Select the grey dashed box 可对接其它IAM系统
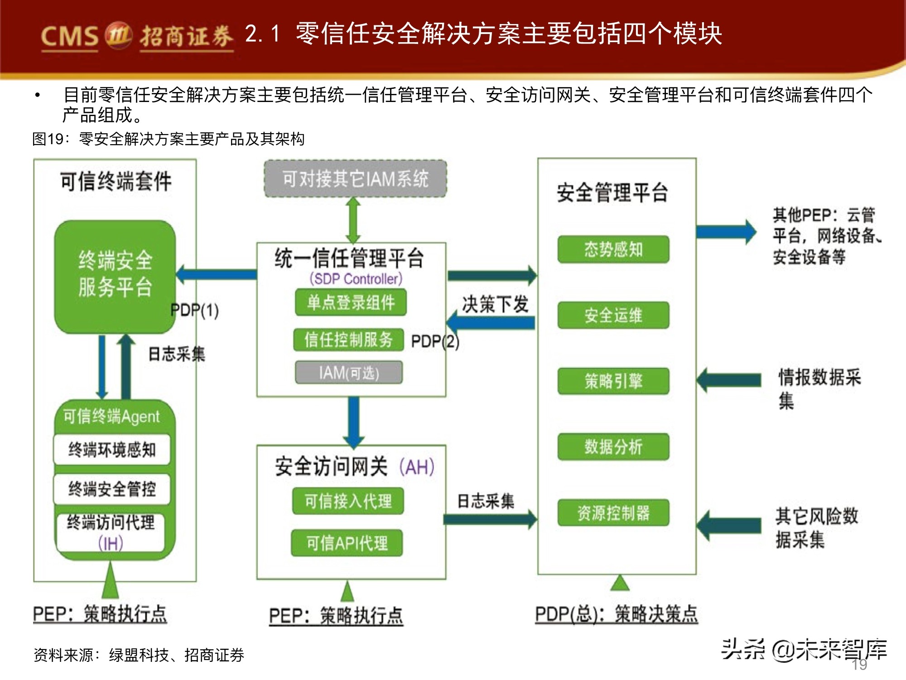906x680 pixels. [355, 179]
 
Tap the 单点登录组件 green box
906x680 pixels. [351, 302]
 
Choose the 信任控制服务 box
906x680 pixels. [348, 340]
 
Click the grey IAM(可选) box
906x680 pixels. [349, 373]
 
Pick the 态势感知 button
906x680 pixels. [613, 249]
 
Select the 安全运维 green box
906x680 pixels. [613, 315]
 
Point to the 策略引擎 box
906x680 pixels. [613, 381]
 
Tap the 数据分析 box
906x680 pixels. [613, 447]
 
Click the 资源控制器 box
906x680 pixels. [613, 513]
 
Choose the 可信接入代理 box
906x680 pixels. [348, 501]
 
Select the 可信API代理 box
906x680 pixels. [347, 543]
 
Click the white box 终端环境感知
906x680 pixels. [112, 449]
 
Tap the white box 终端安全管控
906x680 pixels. [112, 489]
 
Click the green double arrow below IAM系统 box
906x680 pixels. [353, 220]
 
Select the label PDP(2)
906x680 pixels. [435, 341]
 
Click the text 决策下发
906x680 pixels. [495, 304]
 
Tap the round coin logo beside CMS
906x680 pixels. [118, 34]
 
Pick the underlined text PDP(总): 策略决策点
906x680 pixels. [616, 614]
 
